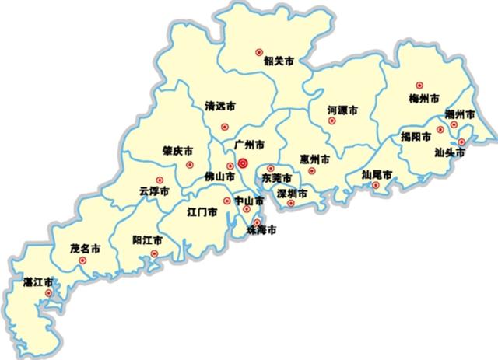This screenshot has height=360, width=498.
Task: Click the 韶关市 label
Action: click(x=277, y=61)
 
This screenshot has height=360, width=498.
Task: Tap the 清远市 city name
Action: click(x=220, y=107)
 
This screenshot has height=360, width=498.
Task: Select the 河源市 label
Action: click(x=342, y=111)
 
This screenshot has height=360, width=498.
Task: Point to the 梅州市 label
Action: click(x=423, y=99)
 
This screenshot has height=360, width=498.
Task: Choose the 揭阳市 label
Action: click(x=416, y=136)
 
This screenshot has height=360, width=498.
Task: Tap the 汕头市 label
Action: click(x=451, y=152)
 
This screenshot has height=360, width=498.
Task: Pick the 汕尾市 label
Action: click(x=377, y=175)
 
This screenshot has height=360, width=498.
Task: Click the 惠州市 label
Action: click(x=314, y=159)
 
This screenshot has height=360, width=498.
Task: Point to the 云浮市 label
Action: click(x=154, y=190)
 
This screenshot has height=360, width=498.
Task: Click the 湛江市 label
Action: click(x=38, y=281)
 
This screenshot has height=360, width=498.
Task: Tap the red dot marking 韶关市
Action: click(x=261, y=52)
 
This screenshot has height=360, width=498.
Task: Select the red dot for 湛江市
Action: click(x=48, y=293)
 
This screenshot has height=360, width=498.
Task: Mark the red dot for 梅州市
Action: click(x=419, y=86)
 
